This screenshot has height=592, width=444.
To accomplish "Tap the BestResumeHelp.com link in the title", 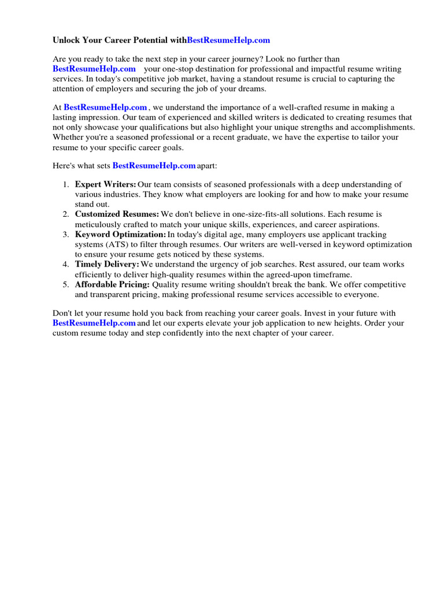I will (x=228, y=40).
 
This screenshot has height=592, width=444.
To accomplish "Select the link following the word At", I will (x=105, y=107).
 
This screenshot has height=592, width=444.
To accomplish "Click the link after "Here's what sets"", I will (x=154, y=165).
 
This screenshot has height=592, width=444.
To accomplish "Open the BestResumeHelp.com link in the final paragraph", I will (x=94, y=323).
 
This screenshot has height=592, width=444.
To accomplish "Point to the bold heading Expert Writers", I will (x=105, y=184).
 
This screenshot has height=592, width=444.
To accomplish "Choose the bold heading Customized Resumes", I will (x=117, y=214).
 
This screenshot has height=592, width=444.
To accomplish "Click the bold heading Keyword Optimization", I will (x=120, y=234).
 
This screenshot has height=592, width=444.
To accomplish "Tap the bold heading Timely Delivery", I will (x=107, y=264).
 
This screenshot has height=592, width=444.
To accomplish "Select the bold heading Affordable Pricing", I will (x=112, y=284).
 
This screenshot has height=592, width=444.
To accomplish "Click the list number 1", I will (x=65, y=184).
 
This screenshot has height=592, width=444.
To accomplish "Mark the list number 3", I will (x=65, y=234).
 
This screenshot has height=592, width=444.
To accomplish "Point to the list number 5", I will (x=65, y=284).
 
